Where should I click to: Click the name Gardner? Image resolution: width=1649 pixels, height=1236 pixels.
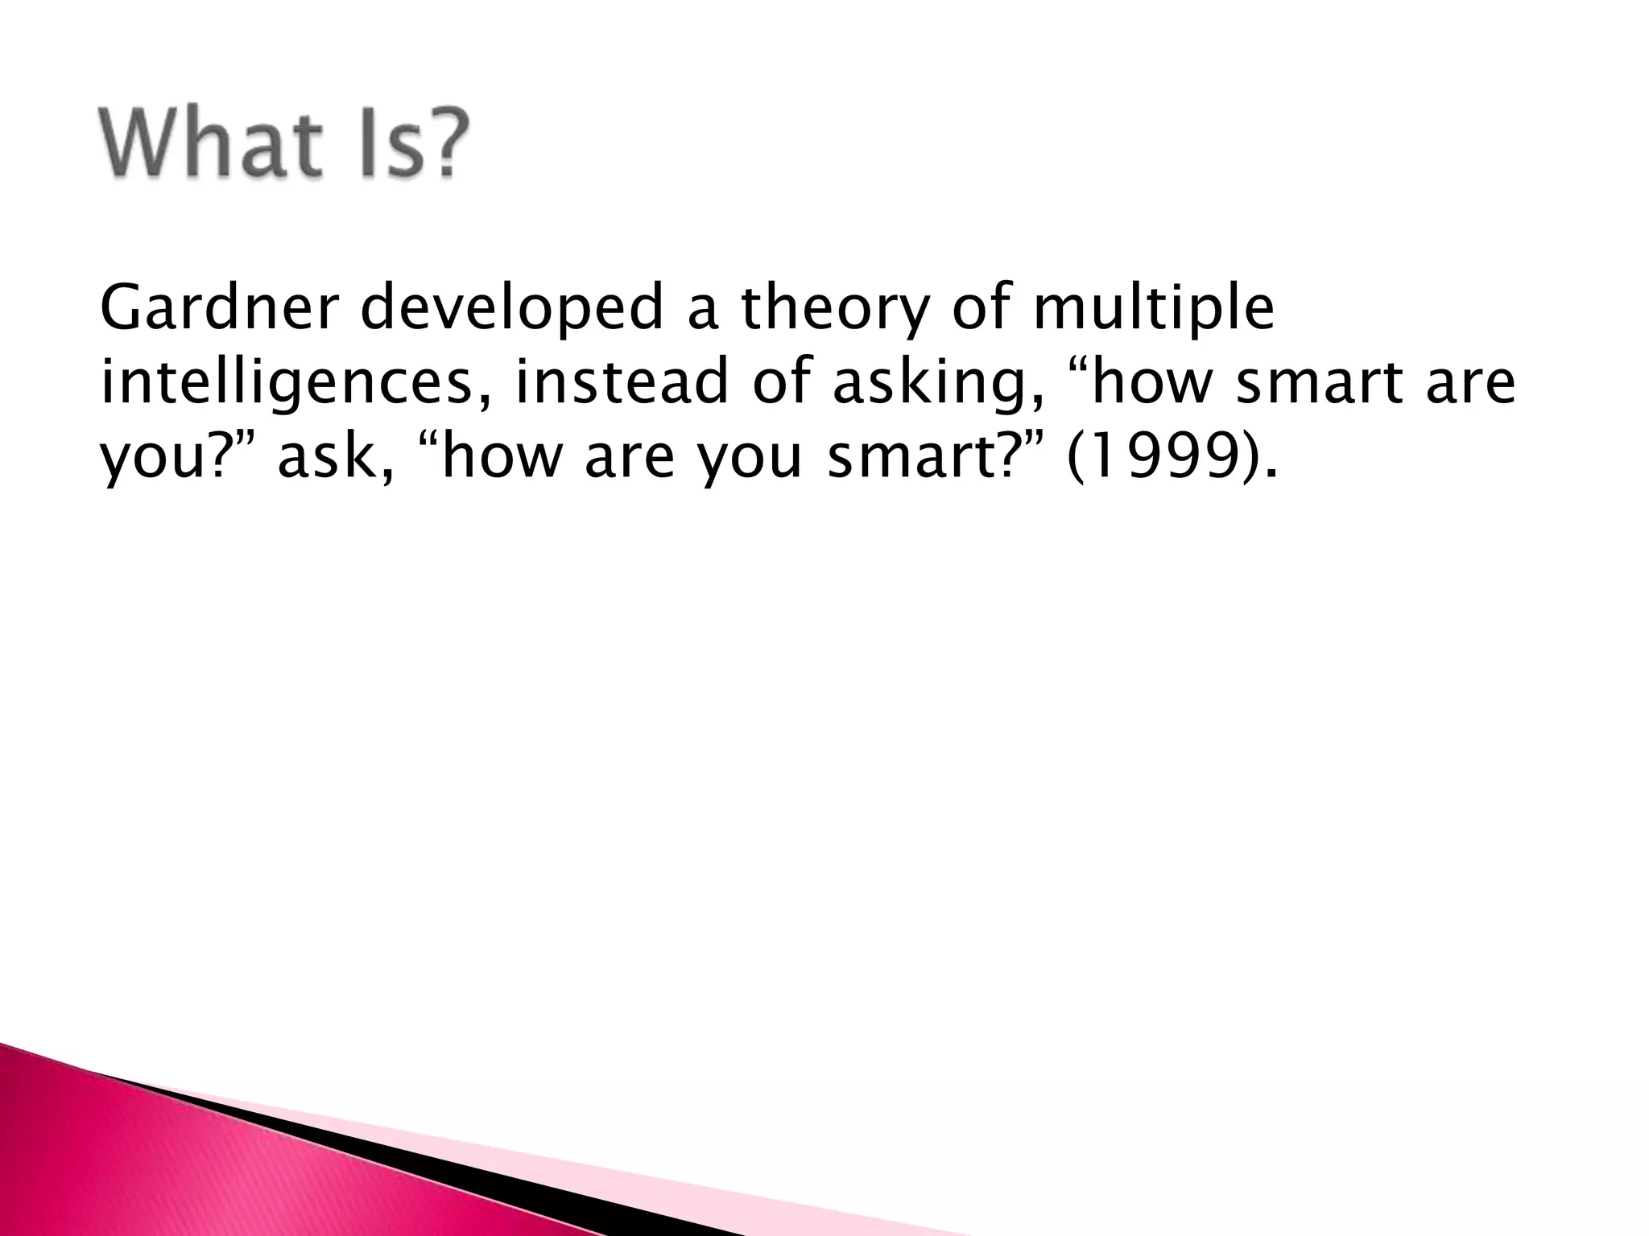pyautogui.click(x=220, y=308)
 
